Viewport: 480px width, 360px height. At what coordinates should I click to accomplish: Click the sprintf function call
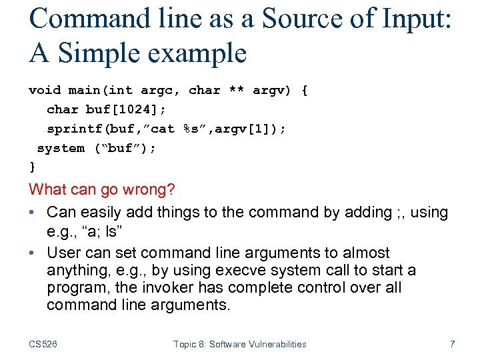71,129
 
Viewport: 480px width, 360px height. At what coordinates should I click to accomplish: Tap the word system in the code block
61,148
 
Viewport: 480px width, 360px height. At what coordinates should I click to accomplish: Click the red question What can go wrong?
102,190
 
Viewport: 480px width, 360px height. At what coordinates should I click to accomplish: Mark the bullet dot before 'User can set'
33,253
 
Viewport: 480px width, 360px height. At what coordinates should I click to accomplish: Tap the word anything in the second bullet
75,270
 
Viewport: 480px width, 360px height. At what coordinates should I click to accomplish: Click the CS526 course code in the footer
43,344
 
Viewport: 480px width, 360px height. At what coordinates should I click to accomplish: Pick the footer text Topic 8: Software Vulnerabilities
239,344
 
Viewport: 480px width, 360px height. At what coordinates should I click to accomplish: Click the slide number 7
452,344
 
